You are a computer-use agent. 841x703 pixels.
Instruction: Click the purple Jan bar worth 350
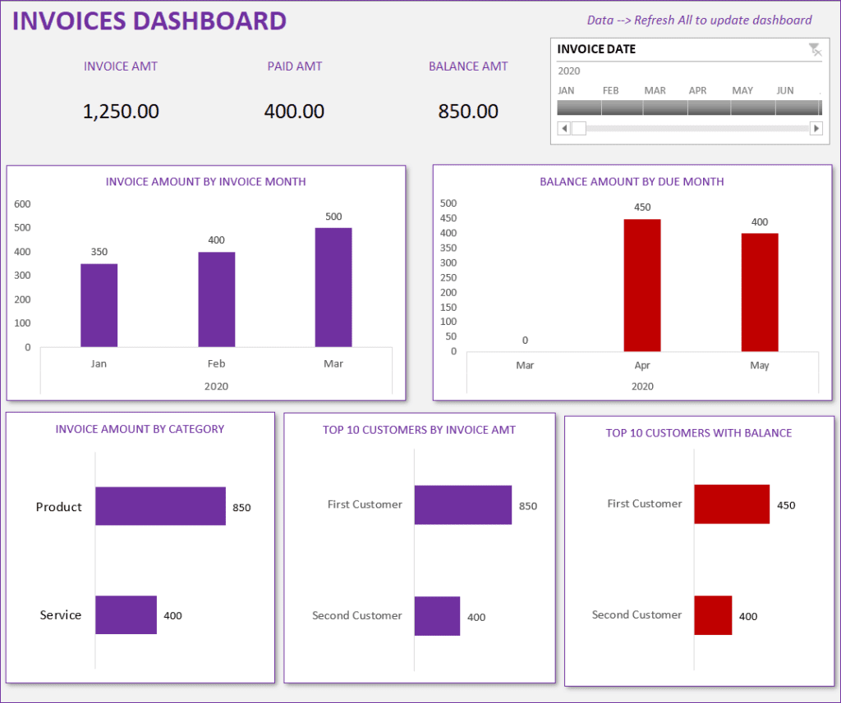99,305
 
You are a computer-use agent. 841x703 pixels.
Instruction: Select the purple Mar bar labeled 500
333,287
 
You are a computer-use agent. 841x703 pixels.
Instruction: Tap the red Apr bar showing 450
642,285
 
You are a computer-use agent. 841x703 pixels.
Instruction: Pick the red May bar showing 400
760,293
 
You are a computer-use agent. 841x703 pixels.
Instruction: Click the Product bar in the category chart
160,506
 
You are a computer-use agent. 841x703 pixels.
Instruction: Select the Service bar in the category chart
126,614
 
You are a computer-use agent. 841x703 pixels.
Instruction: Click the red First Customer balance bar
732,504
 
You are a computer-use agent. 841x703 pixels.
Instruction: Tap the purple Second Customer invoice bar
437,616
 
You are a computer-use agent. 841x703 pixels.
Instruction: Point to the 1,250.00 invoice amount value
121,112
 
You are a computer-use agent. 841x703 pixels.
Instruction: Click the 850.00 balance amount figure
468,112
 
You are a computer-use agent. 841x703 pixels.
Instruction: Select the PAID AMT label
295,66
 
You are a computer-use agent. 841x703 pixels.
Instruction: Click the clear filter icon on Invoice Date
815,50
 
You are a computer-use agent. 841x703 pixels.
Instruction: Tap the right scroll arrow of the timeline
816,128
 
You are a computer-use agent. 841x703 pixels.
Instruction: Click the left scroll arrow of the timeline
563,128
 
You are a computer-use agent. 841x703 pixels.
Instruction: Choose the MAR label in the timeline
655,90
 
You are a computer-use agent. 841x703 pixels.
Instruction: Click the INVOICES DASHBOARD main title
149,21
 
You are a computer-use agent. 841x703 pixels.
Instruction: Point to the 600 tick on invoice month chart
23,203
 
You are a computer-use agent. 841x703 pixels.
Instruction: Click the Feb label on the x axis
216,363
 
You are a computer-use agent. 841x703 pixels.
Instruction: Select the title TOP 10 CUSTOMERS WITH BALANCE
699,432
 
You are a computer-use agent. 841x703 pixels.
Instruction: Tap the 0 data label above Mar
525,340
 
